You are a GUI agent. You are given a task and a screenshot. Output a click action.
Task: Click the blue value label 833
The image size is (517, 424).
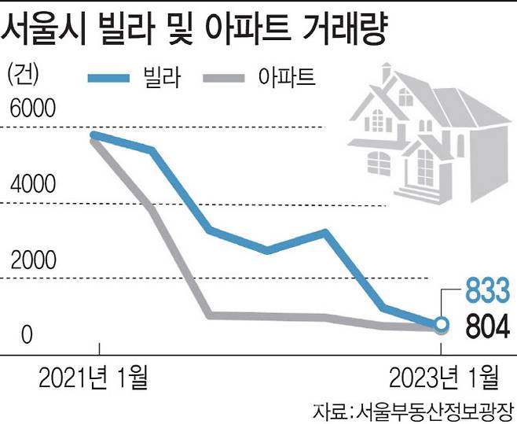pos(490,289)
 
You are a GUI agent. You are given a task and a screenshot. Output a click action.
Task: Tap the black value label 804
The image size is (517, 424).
pos(490,324)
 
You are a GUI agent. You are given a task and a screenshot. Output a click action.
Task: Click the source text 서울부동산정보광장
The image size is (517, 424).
pos(434,409)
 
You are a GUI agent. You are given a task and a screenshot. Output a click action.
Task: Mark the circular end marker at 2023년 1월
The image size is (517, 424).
pos(442,325)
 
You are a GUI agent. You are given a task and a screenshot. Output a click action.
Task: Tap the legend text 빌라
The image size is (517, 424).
pos(167,77)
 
